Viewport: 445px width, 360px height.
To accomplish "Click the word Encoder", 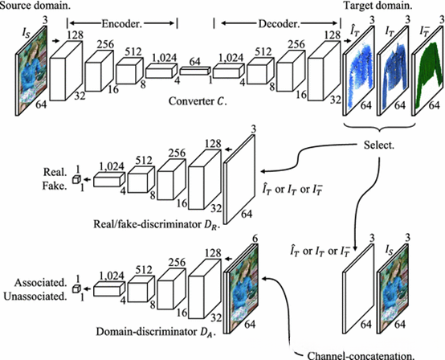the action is tap(122, 24).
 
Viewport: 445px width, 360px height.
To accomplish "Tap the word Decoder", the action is tap(279, 24).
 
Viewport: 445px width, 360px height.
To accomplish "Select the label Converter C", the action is tap(198, 101).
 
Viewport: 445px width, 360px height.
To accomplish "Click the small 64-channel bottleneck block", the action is tap(195, 71).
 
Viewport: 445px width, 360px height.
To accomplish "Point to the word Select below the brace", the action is tap(379, 145).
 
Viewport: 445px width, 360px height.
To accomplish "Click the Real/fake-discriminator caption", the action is tap(157, 224).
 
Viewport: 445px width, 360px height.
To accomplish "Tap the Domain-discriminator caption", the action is tap(156, 332).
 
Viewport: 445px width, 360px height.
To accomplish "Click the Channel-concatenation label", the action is tap(361, 355).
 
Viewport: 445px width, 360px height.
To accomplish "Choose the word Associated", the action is tap(41, 283).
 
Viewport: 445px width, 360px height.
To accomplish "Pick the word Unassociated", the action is tap(35, 297).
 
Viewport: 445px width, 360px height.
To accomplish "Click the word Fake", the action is tap(55, 186).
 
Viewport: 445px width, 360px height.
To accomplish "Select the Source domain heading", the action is tap(35, 6).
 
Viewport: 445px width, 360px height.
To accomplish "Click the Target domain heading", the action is tap(378, 6).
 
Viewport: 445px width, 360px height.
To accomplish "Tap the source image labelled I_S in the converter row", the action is tap(31, 71).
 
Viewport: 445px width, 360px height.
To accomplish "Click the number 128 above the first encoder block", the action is tap(76, 35).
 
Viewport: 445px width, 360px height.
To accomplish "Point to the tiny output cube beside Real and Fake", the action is tap(76, 179).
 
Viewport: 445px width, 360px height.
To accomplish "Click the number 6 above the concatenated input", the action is tap(255, 239).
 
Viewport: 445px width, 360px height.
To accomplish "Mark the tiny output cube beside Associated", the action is tap(76, 288).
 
